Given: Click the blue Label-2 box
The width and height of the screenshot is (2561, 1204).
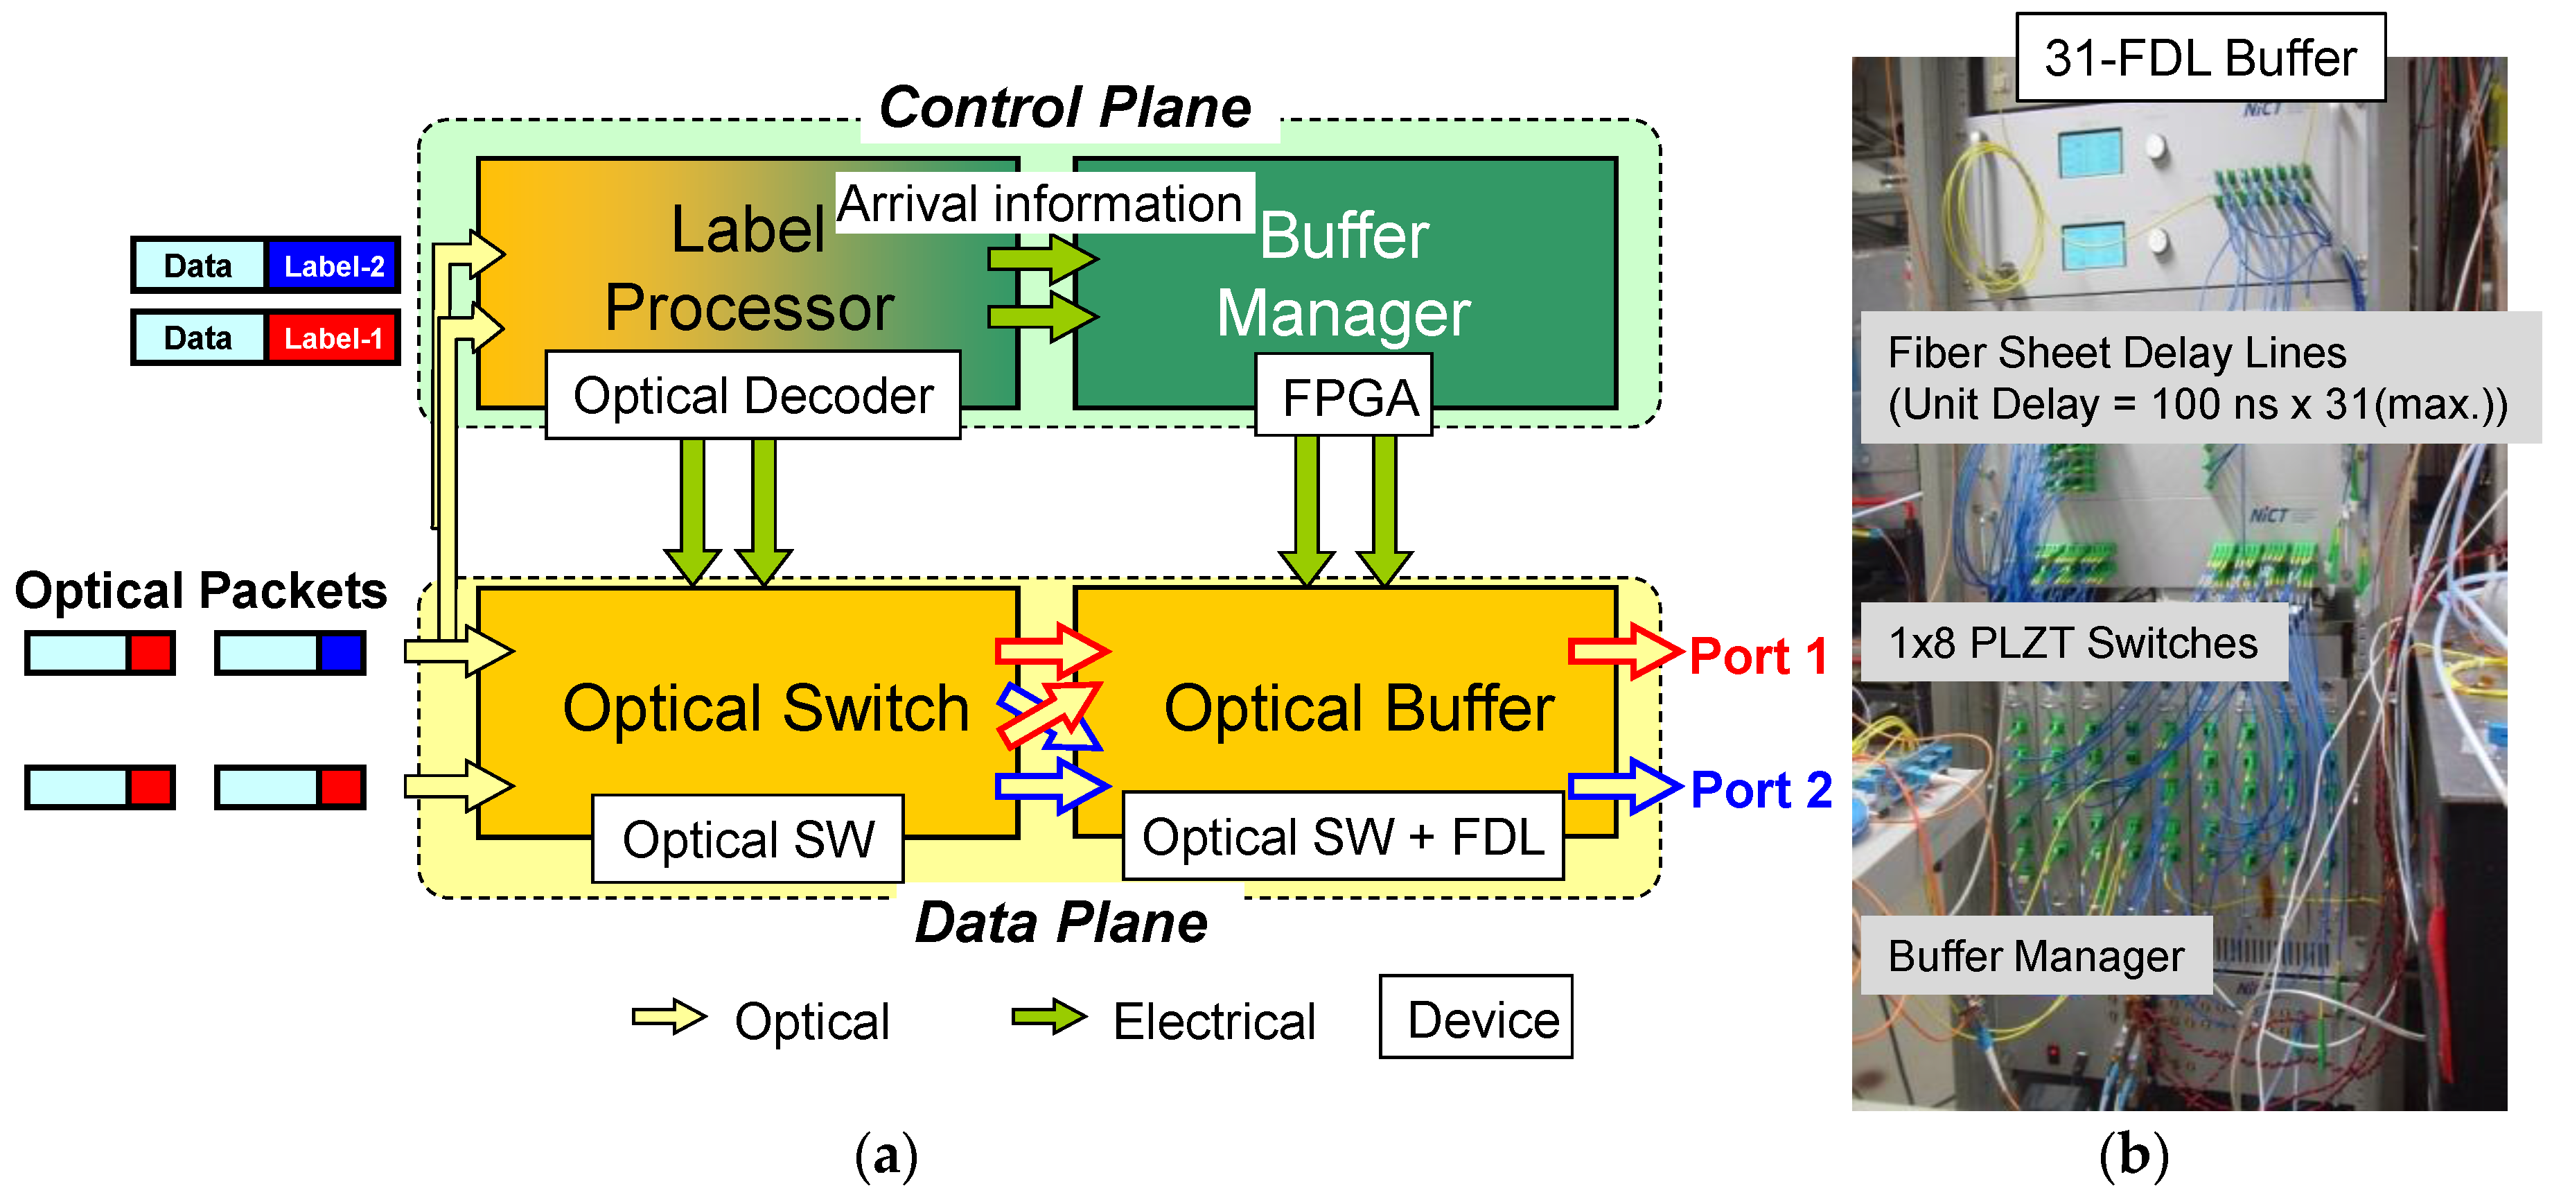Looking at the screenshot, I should (333, 265).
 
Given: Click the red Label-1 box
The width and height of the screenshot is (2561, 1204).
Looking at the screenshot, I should (333, 338).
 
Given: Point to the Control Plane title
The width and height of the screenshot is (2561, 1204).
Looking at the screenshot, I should (1066, 107).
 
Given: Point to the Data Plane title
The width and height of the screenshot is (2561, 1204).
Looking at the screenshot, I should (1061, 923).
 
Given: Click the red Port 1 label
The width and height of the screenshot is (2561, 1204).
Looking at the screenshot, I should (1758, 656).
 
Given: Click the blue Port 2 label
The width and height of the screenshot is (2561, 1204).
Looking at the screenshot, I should (1760, 790).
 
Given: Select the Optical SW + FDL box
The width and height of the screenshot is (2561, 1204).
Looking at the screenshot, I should (1342, 836).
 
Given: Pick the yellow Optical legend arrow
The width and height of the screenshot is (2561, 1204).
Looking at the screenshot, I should (668, 1017).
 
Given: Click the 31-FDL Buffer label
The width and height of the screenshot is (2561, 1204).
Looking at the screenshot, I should (2199, 58).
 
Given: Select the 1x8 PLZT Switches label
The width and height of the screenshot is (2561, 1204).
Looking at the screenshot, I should (2073, 643).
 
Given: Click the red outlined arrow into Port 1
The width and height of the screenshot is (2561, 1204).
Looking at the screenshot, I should (1623, 652).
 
